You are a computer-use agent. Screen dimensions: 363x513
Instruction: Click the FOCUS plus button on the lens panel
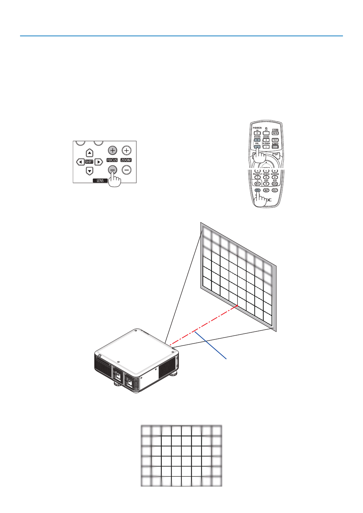pyautogui.click(x=112, y=151)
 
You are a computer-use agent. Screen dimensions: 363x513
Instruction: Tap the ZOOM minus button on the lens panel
pyautogui.click(x=126, y=170)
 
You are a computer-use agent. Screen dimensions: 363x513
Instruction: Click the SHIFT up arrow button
pyautogui.click(x=90, y=153)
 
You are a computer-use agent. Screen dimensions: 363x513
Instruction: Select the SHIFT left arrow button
pyautogui.click(x=80, y=162)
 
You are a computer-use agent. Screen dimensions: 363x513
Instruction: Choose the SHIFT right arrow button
pyautogui.click(x=99, y=162)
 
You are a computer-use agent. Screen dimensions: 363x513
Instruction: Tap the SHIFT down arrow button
pyautogui.click(x=90, y=171)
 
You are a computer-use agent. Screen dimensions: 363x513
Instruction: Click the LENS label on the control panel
pyautogui.click(x=100, y=181)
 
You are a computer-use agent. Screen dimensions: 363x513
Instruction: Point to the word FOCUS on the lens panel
pyautogui.click(x=112, y=160)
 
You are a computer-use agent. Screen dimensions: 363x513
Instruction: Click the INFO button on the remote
pyautogui.click(x=275, y=133)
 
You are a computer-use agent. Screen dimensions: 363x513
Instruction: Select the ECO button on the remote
pyautogui.click(x=275, y=147)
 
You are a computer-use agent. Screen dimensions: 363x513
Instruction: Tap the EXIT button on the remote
pyautogui.click(x=276, y=155)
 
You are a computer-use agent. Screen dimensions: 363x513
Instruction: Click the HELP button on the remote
pyautogui.click(x=275, y=190)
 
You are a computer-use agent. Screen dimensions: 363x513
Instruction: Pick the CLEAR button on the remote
pyautogui.click(x=275, y=183)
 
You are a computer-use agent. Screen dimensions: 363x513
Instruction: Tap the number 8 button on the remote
pyautogui.click(x=266, y=177)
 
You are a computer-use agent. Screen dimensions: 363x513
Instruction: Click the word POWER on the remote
pyautogui.click(x=257, y=128)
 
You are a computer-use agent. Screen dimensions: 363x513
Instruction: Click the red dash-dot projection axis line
pyautogui.click(x=204, y=325)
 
